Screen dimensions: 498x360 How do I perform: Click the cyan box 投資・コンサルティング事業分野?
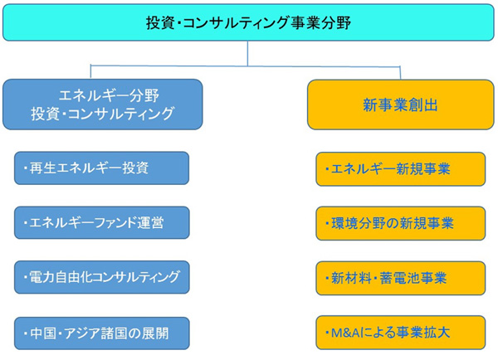click(x=248, y=22)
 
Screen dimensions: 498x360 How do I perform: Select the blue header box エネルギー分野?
click(x=103, y=105)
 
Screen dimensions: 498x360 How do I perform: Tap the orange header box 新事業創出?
click(x=401, y=105)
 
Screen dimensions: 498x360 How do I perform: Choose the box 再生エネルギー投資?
click(x=101, y=168)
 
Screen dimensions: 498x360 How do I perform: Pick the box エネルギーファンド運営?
click(x=101, y=222)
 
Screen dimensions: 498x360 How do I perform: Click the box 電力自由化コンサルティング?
click(x=101, y=277)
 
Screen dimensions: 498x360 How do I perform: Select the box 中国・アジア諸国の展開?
click(x=101, y=333)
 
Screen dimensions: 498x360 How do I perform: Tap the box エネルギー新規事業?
click(x=401, y=169)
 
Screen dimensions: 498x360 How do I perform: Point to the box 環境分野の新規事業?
click(x=401, y=223)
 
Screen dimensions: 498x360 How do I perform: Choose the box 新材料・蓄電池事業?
click(x=401, y=278)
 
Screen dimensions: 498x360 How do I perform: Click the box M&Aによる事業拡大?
click(x=401, y=333)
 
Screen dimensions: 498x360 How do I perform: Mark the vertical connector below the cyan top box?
click(x=247, y=53)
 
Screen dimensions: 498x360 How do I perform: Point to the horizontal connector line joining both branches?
click(x=245, y=66)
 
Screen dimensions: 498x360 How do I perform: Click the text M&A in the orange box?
click(x=345, y=333)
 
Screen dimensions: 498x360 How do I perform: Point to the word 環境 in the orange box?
click(x=344, y=223)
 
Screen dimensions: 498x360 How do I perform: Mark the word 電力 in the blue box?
click(x=42, y=277)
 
